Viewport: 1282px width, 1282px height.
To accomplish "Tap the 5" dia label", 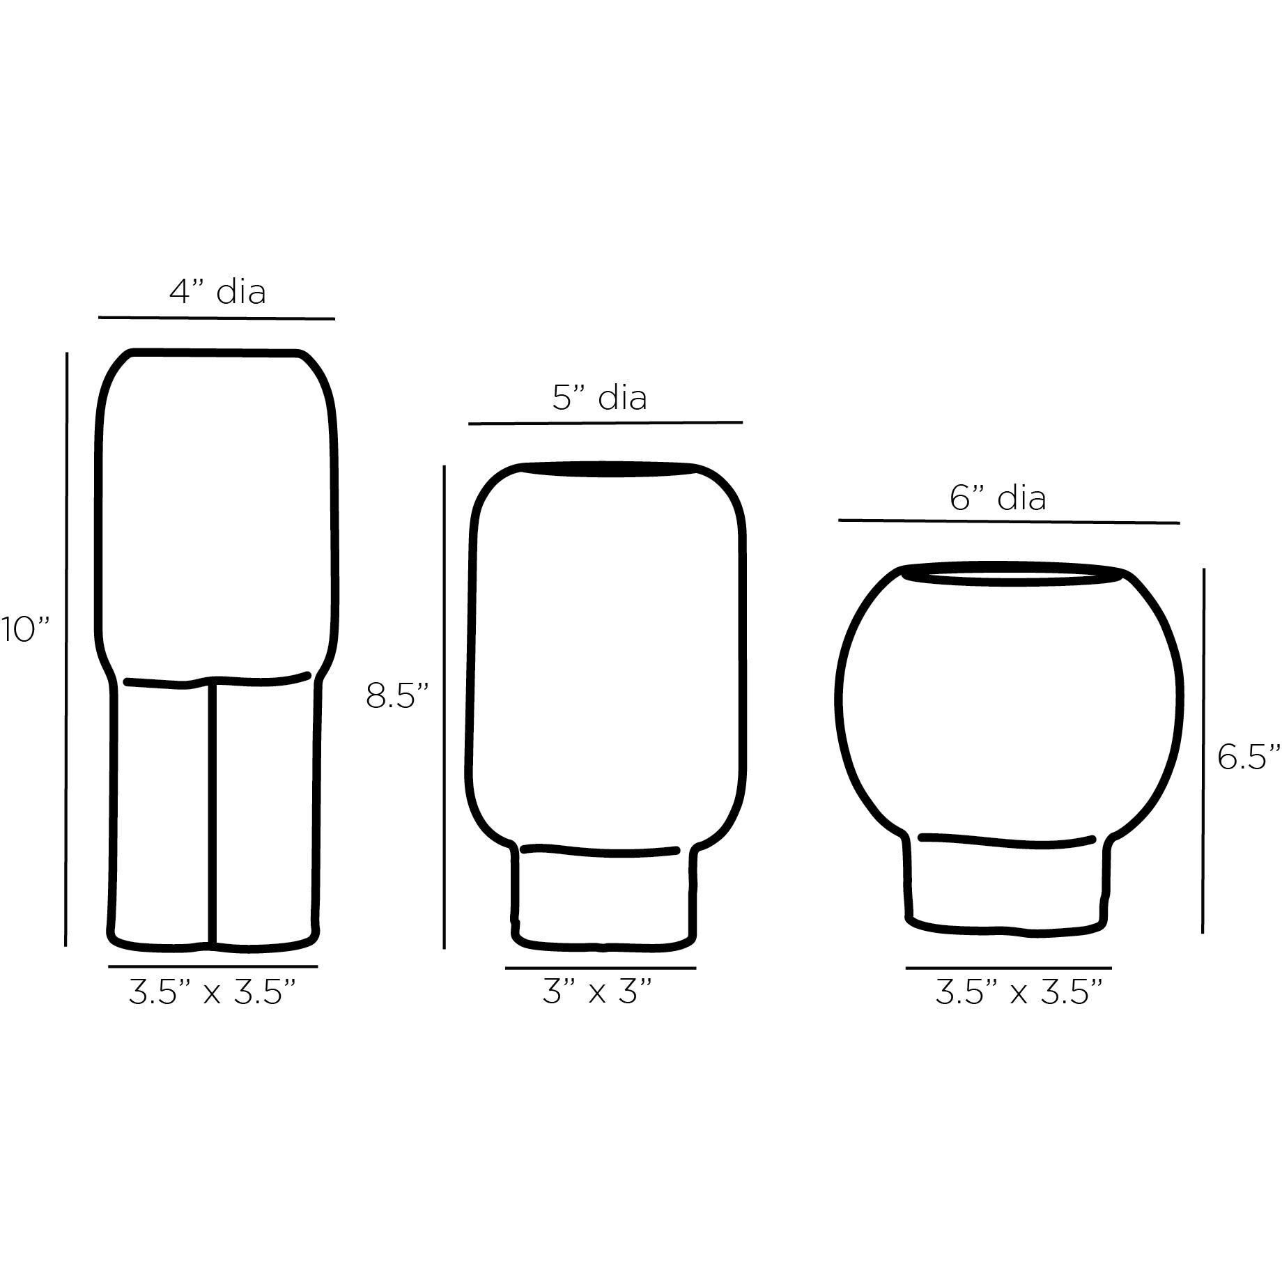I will coord(600,397).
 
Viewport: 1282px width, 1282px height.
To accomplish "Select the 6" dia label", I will coord(998,498).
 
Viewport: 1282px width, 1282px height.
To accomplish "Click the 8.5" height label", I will coord(397,695).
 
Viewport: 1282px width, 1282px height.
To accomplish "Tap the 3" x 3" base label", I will coord(597,992).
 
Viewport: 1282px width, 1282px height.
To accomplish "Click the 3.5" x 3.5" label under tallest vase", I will coord(213,992).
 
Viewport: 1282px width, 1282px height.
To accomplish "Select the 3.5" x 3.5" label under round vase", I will coord(1019,992).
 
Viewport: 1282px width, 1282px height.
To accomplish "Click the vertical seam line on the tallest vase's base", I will coord(210,812).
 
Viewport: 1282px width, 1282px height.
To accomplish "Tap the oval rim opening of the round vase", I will coord(1012,576).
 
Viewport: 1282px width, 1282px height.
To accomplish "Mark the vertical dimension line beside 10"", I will coord(66,648).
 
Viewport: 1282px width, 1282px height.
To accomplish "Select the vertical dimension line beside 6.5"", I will coord(1203,751).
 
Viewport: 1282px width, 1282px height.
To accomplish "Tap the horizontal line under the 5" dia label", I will coord(605,422).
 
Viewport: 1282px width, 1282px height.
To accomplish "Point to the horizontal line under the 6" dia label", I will coord(1008,521).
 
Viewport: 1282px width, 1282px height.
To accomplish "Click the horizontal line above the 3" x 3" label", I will coord(600,968).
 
